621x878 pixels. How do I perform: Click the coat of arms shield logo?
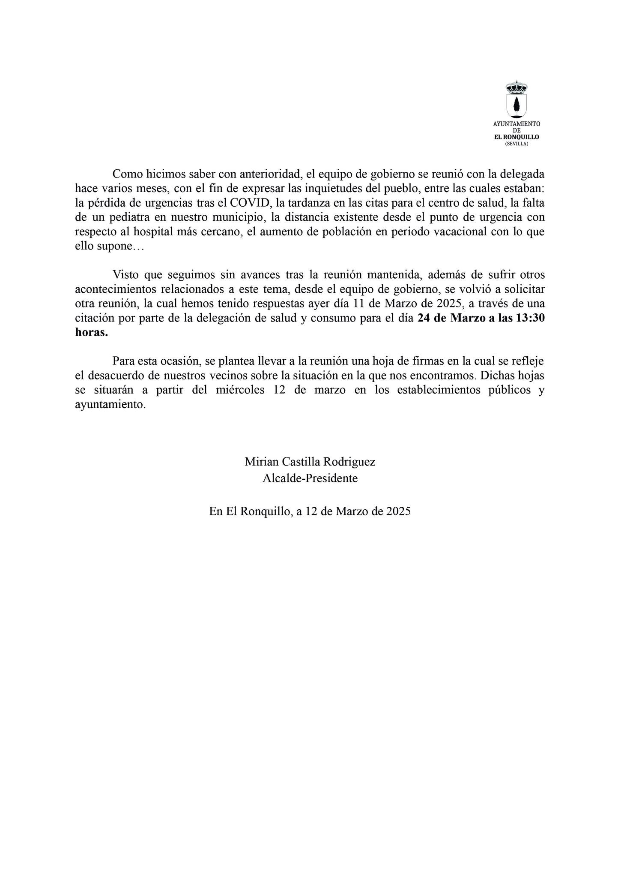pos(517,105)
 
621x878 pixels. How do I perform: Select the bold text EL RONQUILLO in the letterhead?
pos(517,137)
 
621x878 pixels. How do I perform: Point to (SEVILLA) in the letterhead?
pos(517,144)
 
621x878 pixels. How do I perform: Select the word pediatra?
pos(128,217)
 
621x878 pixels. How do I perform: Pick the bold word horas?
pos(91,333)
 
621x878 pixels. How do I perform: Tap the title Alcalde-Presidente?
pos(310,478)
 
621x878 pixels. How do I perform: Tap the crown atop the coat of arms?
pos(517,87)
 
